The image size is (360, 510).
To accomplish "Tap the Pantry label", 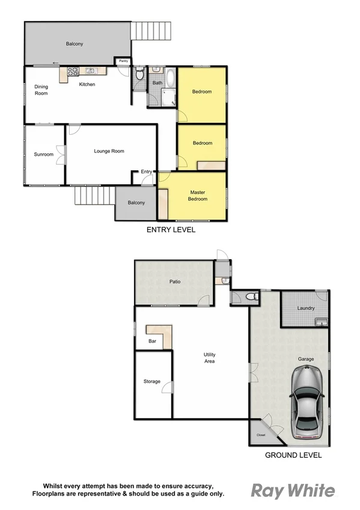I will pos(123,61).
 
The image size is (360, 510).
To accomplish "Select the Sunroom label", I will pos(43,155).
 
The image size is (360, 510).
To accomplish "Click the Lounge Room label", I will pos(109,151).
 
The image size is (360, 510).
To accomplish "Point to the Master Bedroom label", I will pos(198,195).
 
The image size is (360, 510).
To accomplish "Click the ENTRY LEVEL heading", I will pos(171,230).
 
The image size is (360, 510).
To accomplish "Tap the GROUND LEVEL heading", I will pos(293,455).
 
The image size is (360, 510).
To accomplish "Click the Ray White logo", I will pos(292,491).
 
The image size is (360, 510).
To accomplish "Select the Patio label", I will pos(174,281).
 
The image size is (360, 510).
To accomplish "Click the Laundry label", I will pos(306,309).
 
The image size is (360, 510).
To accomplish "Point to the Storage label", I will pos(152,381).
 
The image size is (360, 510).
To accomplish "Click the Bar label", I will pos(152,341).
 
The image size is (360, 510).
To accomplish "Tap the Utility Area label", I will pos(209,358).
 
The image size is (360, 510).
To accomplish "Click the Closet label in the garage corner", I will pos(261,435).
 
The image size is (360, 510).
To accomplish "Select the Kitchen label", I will pos(87,84).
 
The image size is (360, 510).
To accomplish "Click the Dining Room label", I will pos(41,90).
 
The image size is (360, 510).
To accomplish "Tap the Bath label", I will pos(157,82).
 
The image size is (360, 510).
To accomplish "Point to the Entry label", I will pos(147,172).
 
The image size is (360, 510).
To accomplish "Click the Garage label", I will pos(306,359).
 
